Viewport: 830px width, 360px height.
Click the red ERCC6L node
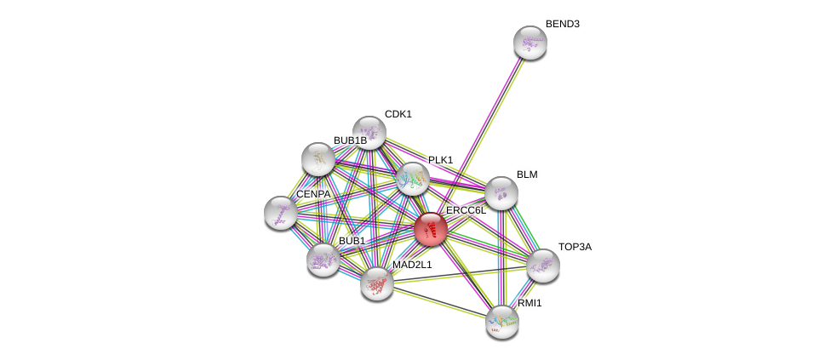(x=431, y=229)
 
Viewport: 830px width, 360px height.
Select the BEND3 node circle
(x=529, y=43)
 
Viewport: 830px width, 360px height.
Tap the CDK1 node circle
(x=369, y=133)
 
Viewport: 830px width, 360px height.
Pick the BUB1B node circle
(x=318, y=159)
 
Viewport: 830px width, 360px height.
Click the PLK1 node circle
(x=412, y=179)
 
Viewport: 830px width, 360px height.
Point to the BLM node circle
(x=501, y=193)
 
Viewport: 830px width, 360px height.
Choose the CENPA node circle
(x=281, y=213)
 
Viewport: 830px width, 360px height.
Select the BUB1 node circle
(x=323, y=260)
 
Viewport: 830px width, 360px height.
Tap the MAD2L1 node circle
(x=376, y=283)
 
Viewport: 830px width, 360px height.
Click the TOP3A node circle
(x=543, y=266)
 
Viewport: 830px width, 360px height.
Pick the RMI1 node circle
(x=502, y=322)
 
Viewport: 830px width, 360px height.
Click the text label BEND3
(x=562, y=24)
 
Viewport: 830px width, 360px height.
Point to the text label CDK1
(x=398, y=114)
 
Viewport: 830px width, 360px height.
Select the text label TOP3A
(x=575, y=247)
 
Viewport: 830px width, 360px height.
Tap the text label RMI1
(x=529, y=303)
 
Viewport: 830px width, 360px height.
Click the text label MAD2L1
(x=412, y=265)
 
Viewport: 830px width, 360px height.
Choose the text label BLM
(x=527, y=174)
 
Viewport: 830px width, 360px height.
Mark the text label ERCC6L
(x=466, y=210)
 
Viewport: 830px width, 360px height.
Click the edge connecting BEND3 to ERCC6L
(x=480, y=136)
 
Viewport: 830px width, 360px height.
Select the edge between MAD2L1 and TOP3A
(x=460, y=274)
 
